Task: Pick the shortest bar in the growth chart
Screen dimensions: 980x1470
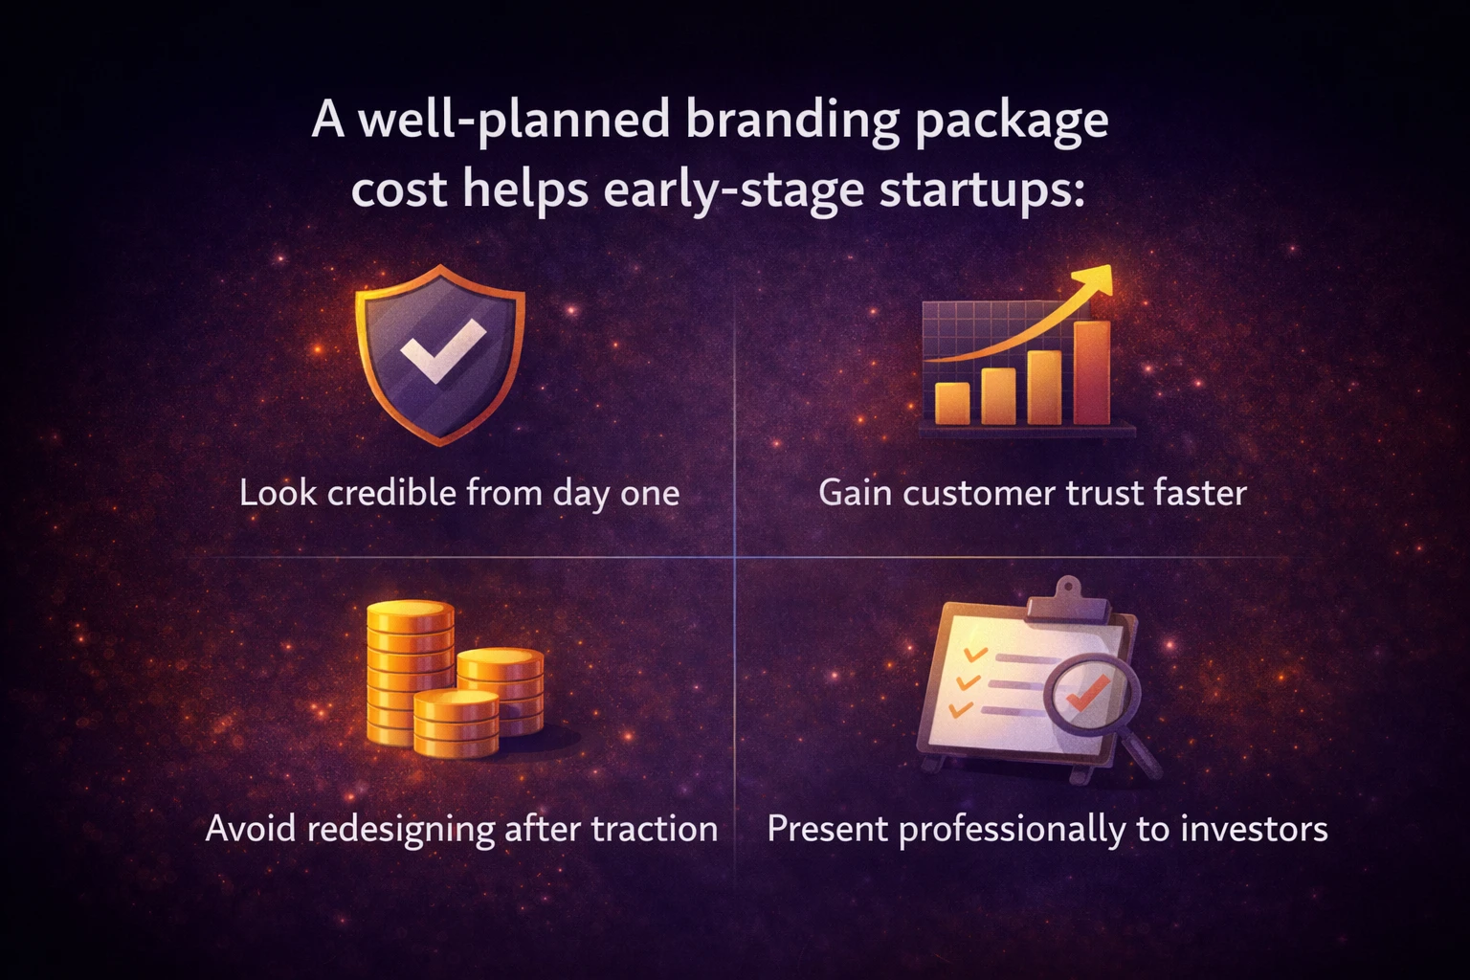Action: click(952, 402)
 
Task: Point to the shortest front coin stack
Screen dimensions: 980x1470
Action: click(456, 724)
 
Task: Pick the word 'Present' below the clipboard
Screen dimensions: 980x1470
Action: click(827, 829)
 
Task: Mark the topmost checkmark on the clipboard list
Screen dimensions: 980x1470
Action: click(974, 655)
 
